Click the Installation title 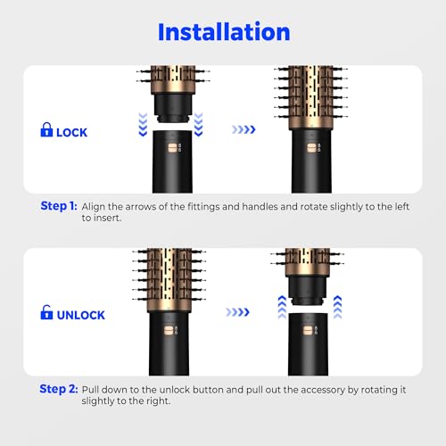tap(223, 32)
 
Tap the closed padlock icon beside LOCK tap(46, 131)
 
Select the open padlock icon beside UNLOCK tap(46, 314)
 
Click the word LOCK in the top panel tap(72, 131)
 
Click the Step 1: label tap(59, 206)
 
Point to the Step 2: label tap(59, 389)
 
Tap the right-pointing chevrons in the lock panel tap(244, 129)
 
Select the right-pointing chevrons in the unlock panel tap(244, 313)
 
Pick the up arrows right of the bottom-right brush tap(339, 307)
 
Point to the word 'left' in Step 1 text tap(378, 206)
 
